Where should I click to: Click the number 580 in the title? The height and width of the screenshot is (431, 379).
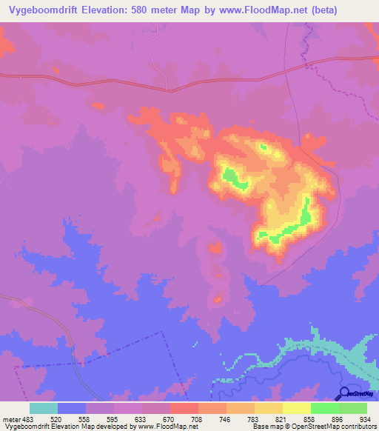click(139, 10)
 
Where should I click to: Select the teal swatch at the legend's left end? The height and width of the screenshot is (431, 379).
click(44, 408)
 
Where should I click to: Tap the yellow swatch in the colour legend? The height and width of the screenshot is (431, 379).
click(297, 408)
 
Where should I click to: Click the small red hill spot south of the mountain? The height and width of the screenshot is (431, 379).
click(218, 299)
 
